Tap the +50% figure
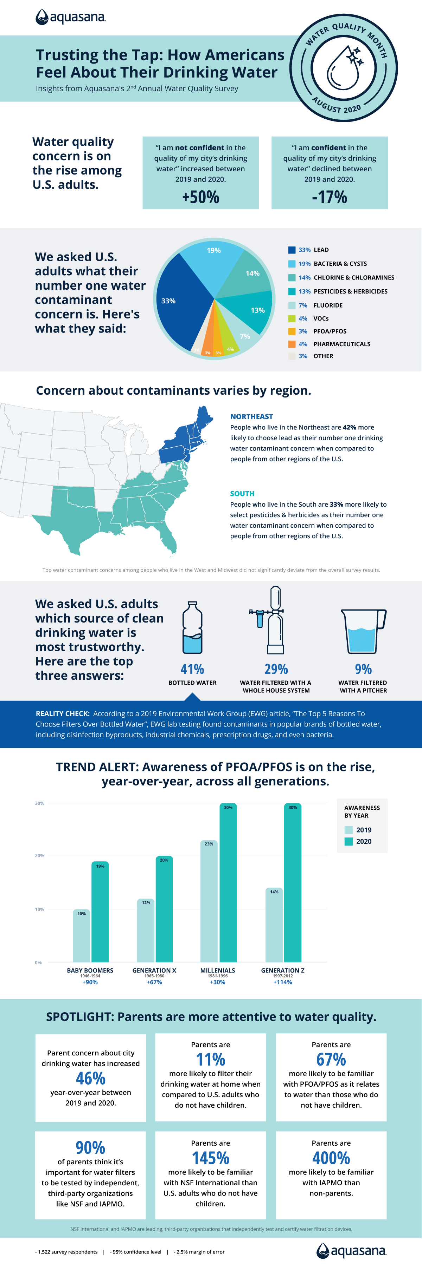[200, 197]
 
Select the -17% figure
[329, 197]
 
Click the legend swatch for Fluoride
[292, 305]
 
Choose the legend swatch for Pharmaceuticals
[292, 344]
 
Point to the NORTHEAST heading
[251, 416]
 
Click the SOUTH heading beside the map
[242, 494]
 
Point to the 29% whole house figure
[276, 669]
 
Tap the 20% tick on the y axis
[39, 856]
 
